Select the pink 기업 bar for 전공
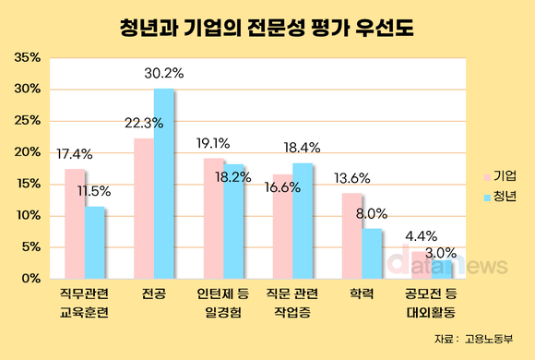(x=144, y=208)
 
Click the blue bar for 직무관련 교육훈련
(x=95, y=242)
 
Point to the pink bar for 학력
(x=352, y=235)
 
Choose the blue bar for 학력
(x=373, y=253)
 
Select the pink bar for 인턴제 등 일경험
(x=213, y=218)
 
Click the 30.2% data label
(x=167, y=70)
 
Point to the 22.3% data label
(x=144, y=122)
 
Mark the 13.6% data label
(x=352, y=177)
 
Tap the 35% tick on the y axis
(x=27, y=57)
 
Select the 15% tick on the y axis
(x=27, y=184)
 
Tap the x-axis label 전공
(x=154, y=294)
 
